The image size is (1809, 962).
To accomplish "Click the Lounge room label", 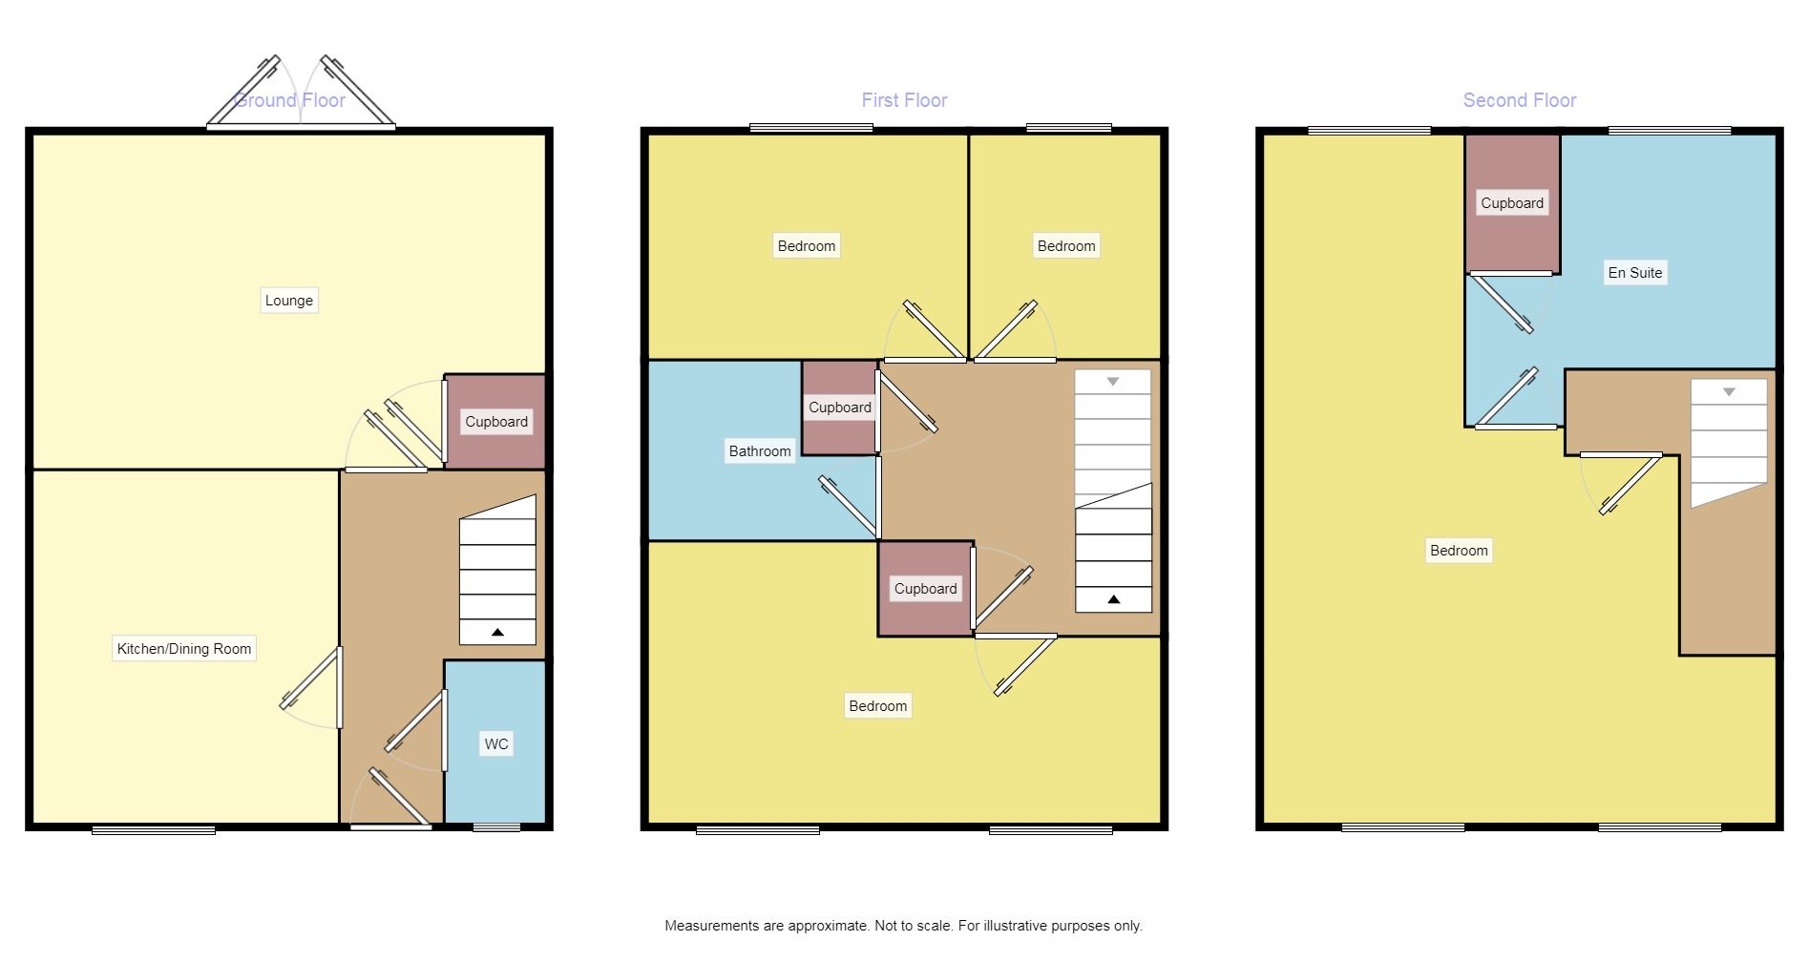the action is pos(288,301).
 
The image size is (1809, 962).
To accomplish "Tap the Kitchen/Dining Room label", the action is pos(183,649).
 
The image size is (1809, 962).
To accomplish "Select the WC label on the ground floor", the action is pos(496,744).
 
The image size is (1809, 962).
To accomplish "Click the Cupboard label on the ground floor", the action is pos(496,422).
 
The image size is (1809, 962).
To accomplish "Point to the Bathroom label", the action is pos(760,451).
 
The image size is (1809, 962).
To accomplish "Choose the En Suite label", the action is pos(1635,273).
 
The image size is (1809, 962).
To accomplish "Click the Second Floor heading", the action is pos(1519,100).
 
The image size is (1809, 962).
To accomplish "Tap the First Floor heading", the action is pos(904,100).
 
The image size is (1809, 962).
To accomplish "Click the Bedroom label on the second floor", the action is pos(1459,551).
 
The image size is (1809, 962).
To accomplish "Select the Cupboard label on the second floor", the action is pos(1512,203).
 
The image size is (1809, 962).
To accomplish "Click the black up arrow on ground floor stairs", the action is pos(497,633).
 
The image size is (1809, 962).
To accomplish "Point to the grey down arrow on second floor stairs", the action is pos(1729,392).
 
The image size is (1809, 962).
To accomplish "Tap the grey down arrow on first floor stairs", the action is pos(1113,382).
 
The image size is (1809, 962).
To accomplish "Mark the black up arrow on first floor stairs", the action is pos(1113,599).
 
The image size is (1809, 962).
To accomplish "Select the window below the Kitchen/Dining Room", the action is pos(154,830).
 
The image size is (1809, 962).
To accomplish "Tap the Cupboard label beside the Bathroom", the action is pos(840,408).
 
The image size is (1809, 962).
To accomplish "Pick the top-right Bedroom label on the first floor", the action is pos(1066,246).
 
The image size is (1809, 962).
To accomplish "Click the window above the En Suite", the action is pos(1670,130).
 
